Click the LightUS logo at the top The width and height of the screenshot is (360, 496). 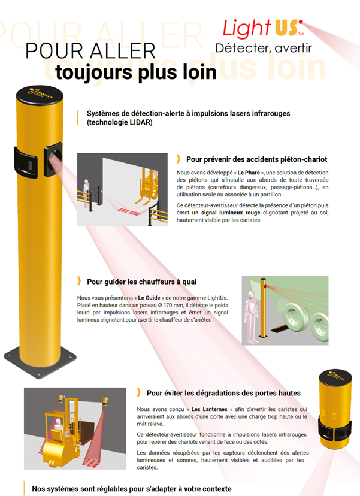coord(262,28)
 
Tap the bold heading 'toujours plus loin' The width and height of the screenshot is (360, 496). coord(135,72)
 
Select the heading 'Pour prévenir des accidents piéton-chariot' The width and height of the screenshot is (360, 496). coord(256,159)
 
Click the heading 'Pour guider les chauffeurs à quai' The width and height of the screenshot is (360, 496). coord(142,281)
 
